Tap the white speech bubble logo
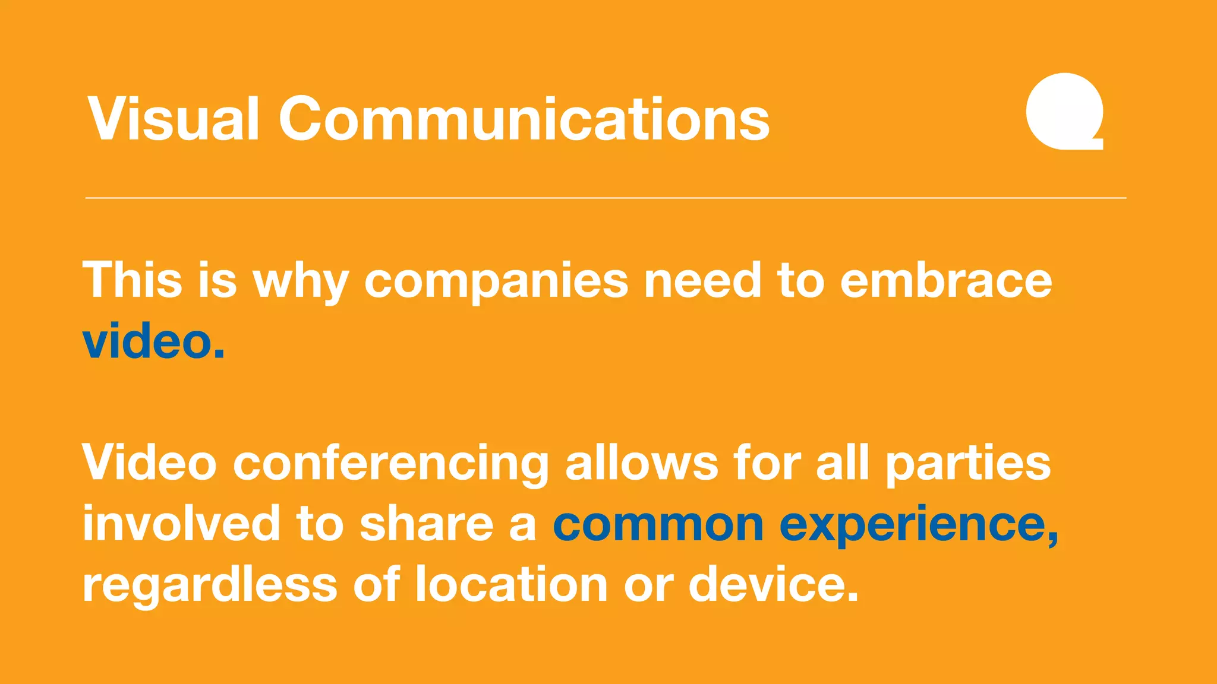pos(1064,111)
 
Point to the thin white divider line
pos(606,198)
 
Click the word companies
pos(496,281)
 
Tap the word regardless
pos(210,585)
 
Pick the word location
pos(512,584)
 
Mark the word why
pos(301,282)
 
